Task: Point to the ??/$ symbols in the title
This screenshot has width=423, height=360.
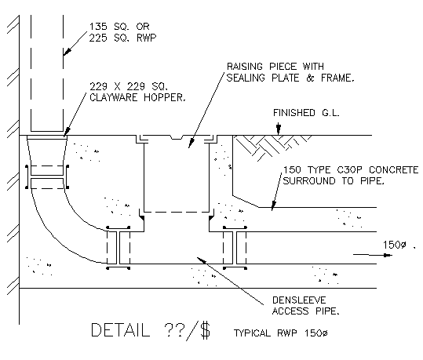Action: (x=185, y=330)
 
